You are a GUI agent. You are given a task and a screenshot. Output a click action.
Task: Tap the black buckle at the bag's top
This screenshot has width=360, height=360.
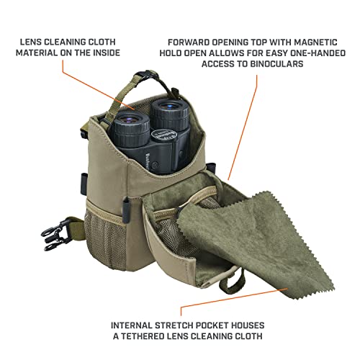click(144, 78)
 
